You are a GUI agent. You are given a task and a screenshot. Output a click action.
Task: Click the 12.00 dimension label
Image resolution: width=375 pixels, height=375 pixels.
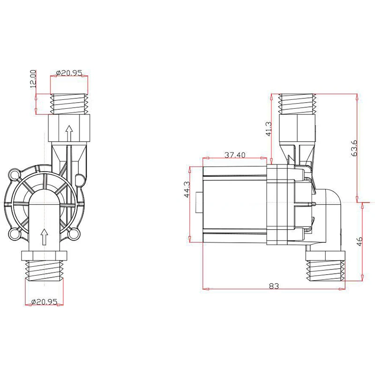33,79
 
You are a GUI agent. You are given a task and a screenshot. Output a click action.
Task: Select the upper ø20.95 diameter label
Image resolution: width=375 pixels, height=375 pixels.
69,73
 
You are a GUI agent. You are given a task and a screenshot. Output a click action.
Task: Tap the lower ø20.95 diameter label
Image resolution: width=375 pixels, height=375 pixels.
44,301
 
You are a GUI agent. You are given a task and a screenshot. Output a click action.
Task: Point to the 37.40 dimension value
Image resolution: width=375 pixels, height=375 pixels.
235,155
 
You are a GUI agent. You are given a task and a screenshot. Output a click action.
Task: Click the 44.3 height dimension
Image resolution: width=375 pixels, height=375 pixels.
187,189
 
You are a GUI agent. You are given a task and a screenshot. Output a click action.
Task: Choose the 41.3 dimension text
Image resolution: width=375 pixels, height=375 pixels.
269,129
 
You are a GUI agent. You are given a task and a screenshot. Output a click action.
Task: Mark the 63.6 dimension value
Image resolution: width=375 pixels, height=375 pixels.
354,148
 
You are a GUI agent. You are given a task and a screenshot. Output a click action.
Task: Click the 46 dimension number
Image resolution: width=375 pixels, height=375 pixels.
360,241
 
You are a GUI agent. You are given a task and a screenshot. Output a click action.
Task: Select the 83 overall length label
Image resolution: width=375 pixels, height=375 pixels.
274,286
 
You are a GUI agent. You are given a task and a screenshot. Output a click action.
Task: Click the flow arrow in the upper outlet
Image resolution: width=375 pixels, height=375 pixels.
69,133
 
